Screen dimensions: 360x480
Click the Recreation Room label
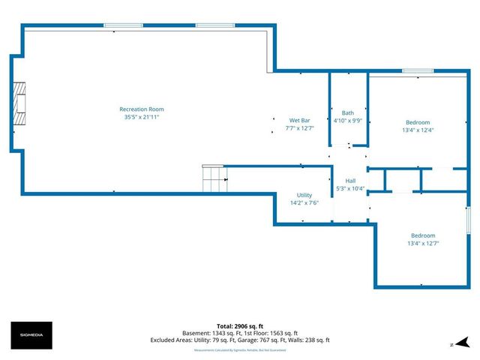pos(142,109)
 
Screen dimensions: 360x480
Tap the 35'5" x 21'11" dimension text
pos(142,117)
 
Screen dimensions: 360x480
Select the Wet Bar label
pos(300,120)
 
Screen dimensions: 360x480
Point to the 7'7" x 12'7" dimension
pos(300,128)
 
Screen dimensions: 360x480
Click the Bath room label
pos(348,113)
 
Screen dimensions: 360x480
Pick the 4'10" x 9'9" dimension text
pos(348,121)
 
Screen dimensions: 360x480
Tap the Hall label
pos(350,181)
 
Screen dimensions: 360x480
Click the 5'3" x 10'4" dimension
pos(350,188)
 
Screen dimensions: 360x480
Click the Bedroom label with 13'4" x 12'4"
pos(418,122)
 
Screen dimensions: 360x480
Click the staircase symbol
pos(215,178)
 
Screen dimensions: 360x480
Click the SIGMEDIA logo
pos(30,332)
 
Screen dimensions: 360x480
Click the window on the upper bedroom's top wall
pos(417,71)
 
